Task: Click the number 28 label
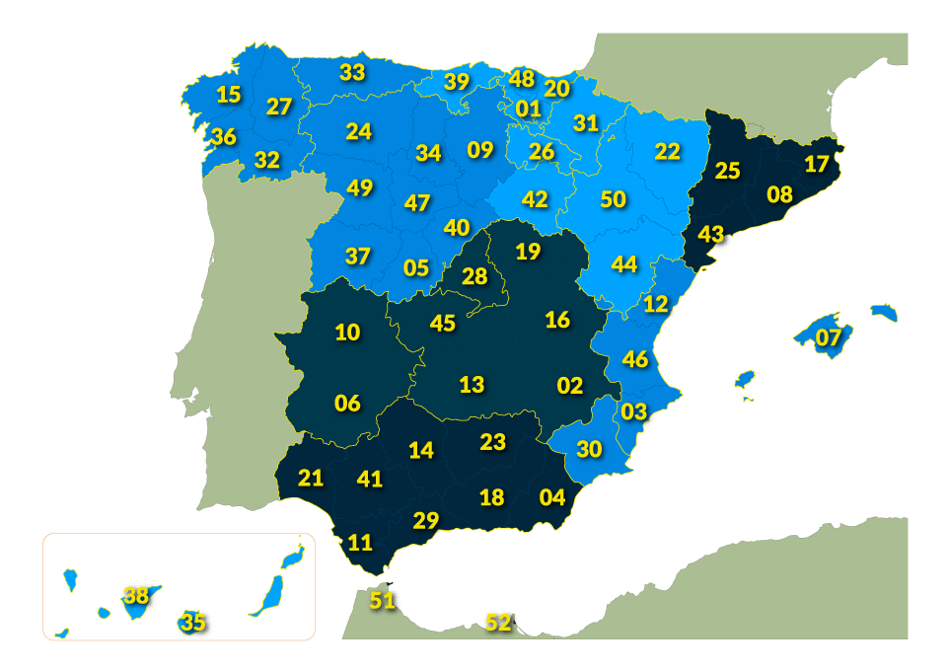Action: pos(474,276)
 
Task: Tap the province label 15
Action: pos(228,95)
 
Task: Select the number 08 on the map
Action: pos(780,194)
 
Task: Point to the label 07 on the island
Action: pos(829,338)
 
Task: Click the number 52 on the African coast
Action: pos(498,623)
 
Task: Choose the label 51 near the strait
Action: pos(382,599)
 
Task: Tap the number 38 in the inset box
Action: pos(136,595)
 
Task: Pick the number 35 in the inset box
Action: pos(193,623)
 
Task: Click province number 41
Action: pos(370,480)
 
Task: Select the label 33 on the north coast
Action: pos(352,72)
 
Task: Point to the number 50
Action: pos(614,199)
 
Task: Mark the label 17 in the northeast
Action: pos(817,164)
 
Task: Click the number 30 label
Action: pos(589,450)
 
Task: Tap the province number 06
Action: pos(347,404)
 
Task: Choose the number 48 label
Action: pos(522,79)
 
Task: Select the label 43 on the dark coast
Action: pos(711,235)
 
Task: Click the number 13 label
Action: pos(473,384)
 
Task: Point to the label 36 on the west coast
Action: pos(224,137)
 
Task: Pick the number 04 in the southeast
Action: pos(552,497)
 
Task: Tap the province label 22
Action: pos(668,152)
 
